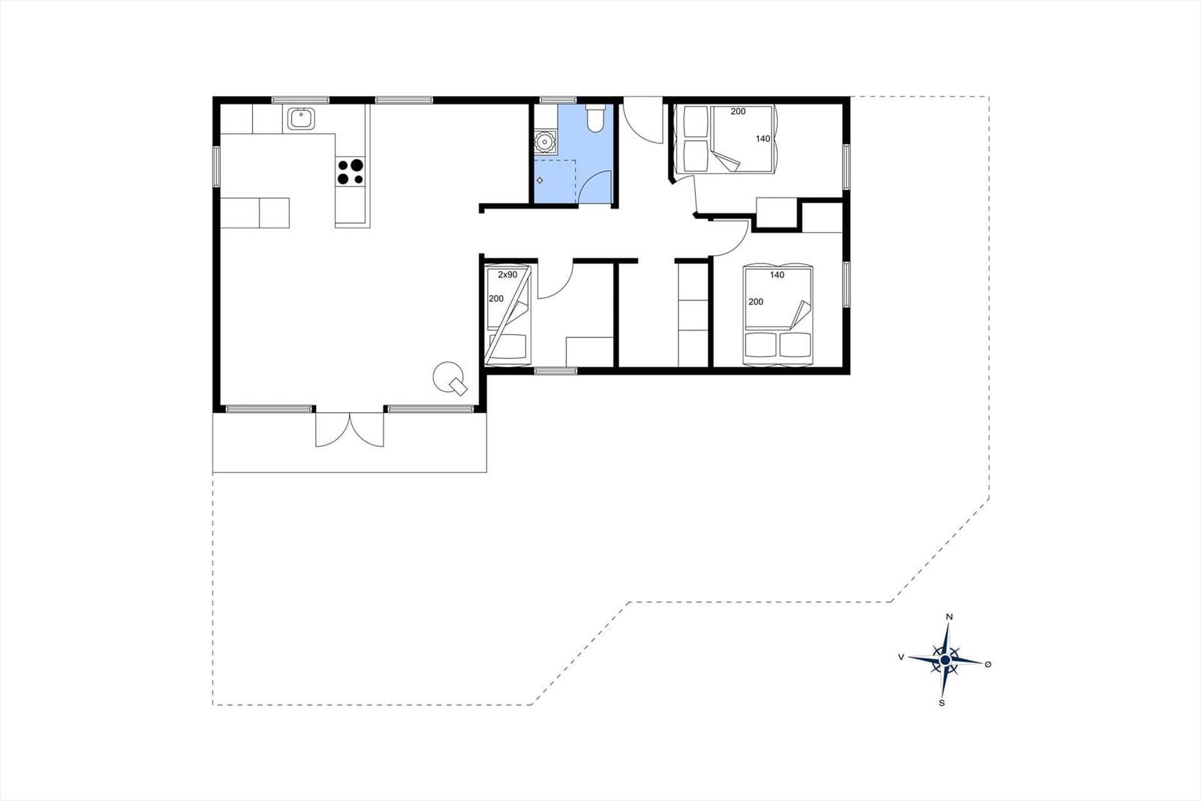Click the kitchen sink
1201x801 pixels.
click(x=300, y=119)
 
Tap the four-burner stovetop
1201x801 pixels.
click(x=351, y=172)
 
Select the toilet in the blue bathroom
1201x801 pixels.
click(x=595, y=119)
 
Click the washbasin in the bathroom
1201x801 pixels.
click(x=544, y=141)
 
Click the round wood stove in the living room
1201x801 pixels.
click(x=449, y=375)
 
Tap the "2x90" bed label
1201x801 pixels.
click(x=508, y=275)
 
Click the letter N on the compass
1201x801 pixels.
click(x=950, y=617)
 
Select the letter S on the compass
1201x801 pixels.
click(x=941, y=703)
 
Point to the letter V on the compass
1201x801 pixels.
click(x=901, y=657)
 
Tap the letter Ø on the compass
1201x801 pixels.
click(x=988, y=664)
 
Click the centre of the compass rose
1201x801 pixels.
click(x=945, y=660)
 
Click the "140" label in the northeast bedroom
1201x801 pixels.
click(x=763, y=139)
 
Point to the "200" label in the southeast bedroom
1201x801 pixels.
click(x=756, y=302)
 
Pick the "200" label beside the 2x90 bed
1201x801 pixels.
click(x=496, y=299)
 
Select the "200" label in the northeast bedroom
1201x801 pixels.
click(x=738, y=112)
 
